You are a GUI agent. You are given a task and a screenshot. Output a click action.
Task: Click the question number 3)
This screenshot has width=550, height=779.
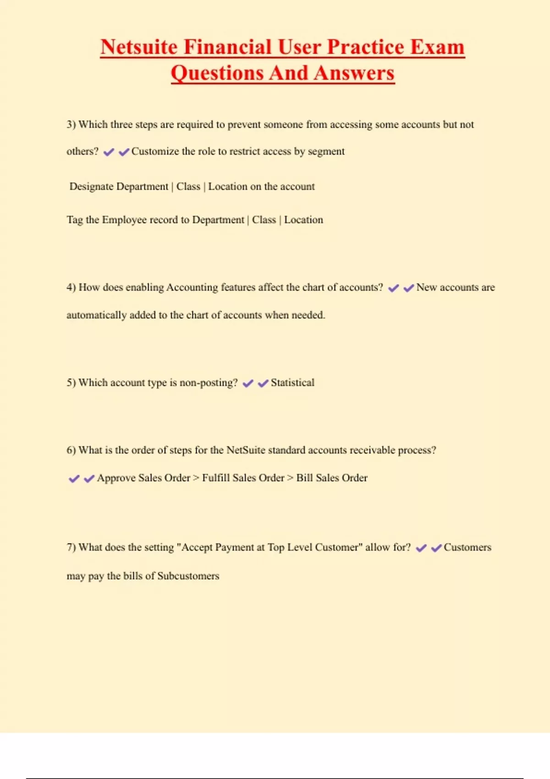71,125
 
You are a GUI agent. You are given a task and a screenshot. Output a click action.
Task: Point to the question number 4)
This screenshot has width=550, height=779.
71,287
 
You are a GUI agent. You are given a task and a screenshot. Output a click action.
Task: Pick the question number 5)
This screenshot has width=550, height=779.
71,383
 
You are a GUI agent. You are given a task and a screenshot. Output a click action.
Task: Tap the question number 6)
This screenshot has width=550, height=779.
71,450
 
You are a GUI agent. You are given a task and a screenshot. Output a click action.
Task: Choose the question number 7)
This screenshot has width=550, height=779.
71,547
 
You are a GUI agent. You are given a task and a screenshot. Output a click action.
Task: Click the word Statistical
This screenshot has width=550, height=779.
292,383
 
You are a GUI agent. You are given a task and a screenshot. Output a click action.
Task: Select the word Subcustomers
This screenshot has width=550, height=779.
188,576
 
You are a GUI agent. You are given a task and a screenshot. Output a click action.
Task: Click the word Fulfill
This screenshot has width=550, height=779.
216,478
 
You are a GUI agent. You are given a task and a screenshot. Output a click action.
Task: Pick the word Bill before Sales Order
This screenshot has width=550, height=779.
304,478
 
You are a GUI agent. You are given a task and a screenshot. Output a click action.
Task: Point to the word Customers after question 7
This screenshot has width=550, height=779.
467,547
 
